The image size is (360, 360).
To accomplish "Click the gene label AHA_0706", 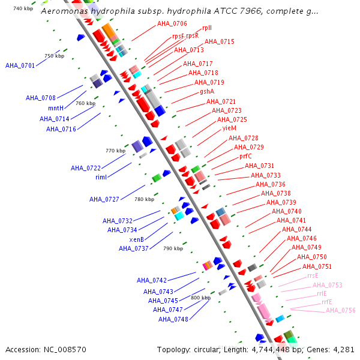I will (x=172, y=23).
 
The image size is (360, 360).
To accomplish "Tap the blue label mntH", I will (x=56, y=108).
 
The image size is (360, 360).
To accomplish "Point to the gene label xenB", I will (x=137, y=239).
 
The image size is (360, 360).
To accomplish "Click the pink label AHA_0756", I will (x=341, y=310).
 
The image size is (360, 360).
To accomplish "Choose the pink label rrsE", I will (x=313, y=275).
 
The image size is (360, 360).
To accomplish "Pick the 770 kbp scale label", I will (x=115, y=151).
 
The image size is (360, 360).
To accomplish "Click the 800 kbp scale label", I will (x=201, y=298).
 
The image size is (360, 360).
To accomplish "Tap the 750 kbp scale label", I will (x=54, y=56).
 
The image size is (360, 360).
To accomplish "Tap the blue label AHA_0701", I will (x=20, y=65).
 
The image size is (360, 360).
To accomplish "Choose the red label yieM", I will (x=229, y=128).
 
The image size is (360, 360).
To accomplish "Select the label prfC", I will (x=245, y=156).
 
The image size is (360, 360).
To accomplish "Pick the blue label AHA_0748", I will (x=173, y=319).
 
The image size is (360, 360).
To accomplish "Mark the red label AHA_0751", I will (x=317, y=266).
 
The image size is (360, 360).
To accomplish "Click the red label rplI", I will (x=207, y=28).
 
